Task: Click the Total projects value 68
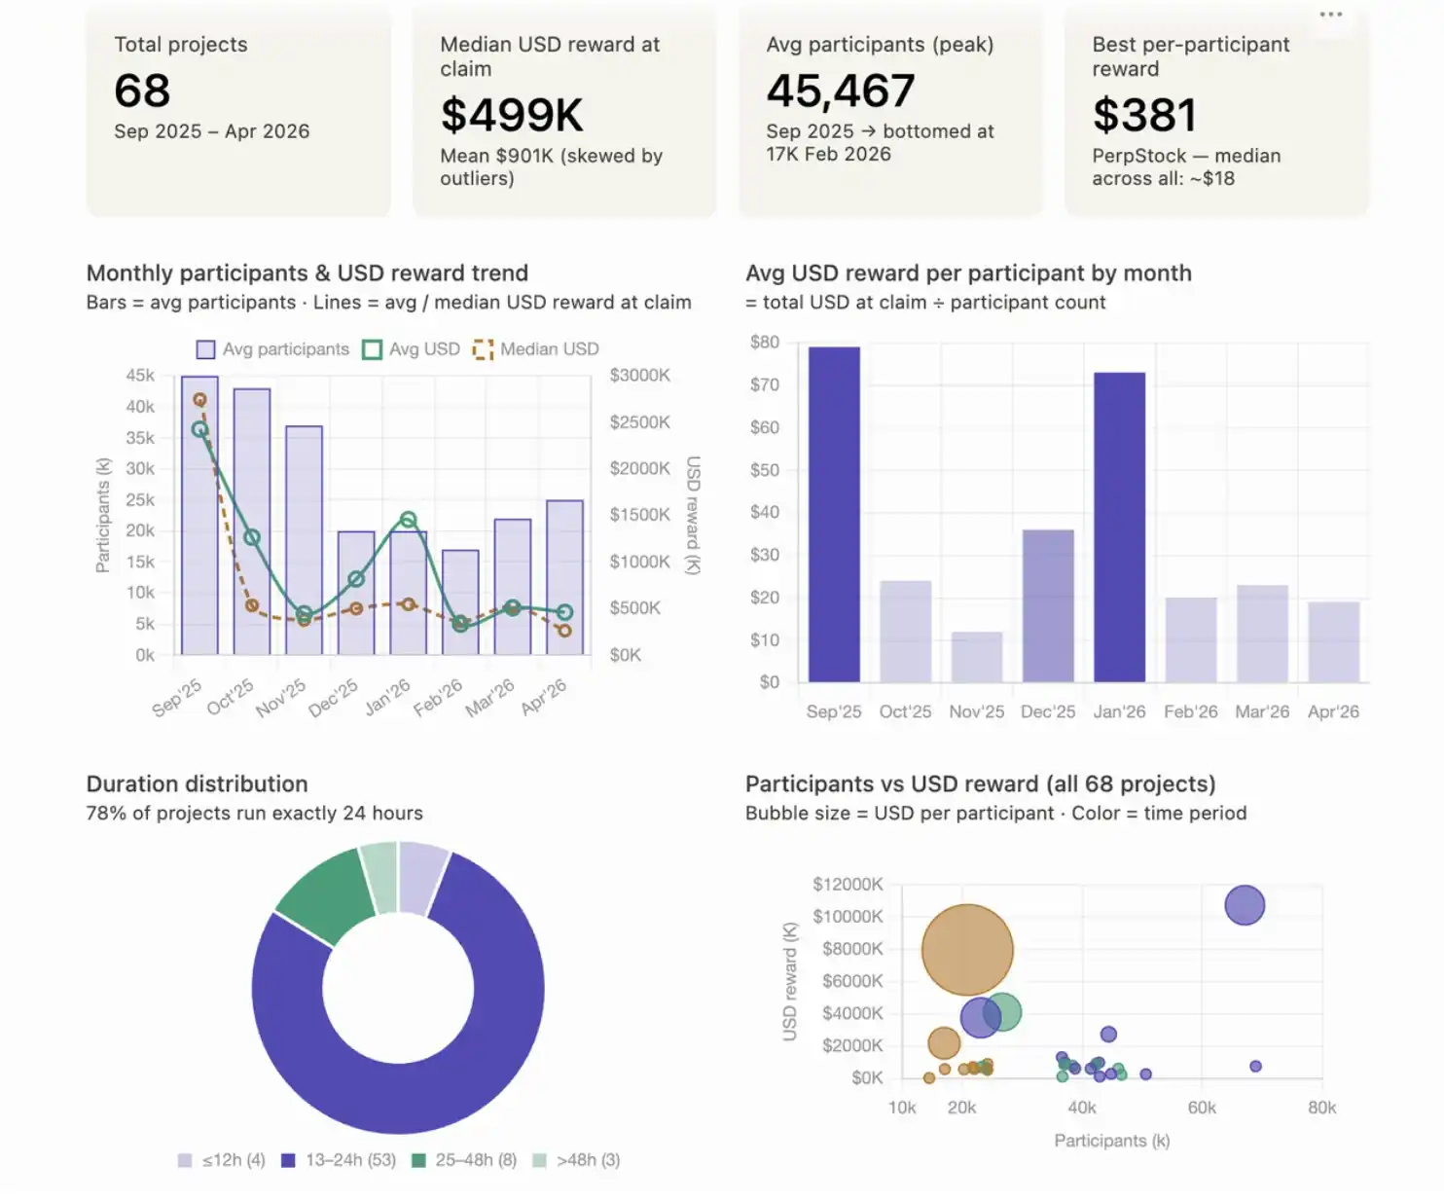pos(142,91)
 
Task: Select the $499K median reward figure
pos(512,115)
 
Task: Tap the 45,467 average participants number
pos(841,91)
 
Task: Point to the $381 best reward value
pos(1144,115)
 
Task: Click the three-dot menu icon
pos(1330,15)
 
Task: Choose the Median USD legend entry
pos(536,349)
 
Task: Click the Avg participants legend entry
pos(272,349)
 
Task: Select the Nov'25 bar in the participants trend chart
pos(305,540)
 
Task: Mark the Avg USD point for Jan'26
pos(408,520)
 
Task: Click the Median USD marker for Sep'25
pos(199,399)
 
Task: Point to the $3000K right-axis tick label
pos(639,375)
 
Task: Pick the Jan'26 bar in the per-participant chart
pos(1120,528)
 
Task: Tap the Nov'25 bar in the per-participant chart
pos(977,657)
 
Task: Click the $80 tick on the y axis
pos(765,342)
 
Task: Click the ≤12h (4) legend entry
pos(221,1160)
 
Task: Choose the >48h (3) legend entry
pos(577,1160)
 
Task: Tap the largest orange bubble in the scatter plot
pos(967,950)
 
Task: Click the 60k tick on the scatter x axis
pos(1202,1108)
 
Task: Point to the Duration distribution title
pos(198,783)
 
